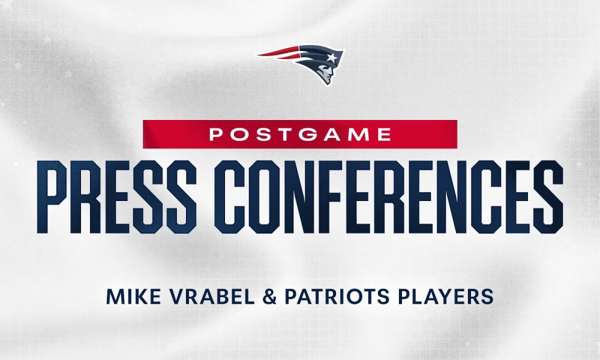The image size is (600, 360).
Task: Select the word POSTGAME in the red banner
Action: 300,134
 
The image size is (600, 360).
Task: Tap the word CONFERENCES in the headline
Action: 388,197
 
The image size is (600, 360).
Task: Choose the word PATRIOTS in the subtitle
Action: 337,297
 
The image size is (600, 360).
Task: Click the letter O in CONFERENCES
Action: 264,197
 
